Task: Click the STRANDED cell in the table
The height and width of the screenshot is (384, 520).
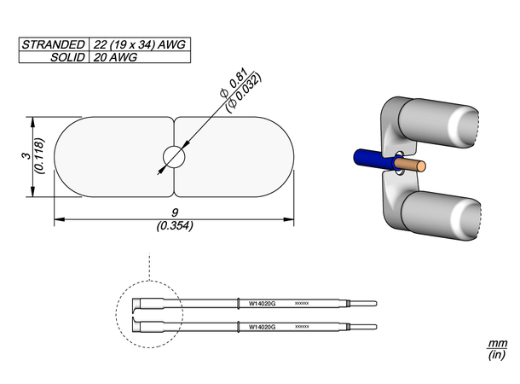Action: tap(53, 44)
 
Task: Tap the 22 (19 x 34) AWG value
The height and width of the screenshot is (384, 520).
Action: tap(138, 44)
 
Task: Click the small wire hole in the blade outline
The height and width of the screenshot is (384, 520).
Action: tap(174, 157)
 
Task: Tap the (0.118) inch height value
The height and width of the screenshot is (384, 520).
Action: tap(38, 155)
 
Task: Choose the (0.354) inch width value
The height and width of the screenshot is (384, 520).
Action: tap(175, 227)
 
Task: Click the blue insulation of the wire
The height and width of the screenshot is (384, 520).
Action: tap(371, 160)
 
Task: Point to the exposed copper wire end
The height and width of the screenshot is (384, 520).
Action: tap(413, 163)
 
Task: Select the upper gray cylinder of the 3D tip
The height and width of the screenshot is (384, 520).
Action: tap(435, 126)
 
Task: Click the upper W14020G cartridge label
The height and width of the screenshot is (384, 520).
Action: tap(262, 303)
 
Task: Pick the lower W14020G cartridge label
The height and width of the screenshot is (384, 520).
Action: tap(262, 326)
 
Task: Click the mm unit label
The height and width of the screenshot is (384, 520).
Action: tap(496, 343)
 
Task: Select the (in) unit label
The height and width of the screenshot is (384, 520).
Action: tap(496, 355)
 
